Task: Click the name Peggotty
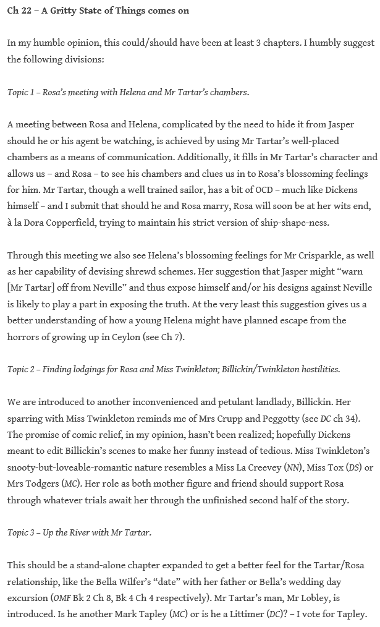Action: (x=275, y=419)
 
